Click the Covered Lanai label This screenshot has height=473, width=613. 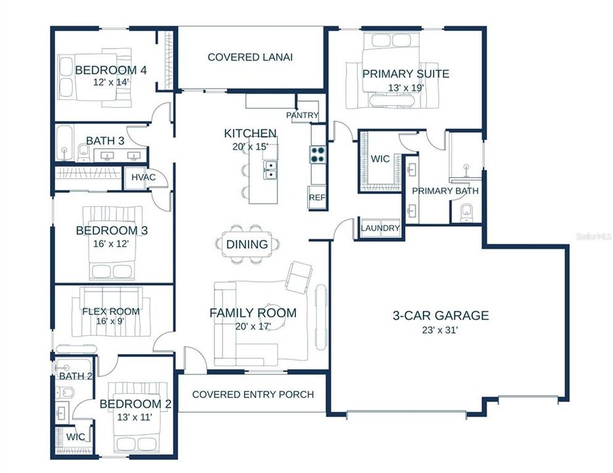coord(250,57)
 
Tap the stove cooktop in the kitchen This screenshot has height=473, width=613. coord(318,154)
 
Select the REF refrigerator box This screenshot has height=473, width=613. coord(317,198)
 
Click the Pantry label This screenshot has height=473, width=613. coord(302,115)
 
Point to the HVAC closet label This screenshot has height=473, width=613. coord(143,177)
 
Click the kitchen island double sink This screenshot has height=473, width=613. coord(270,170)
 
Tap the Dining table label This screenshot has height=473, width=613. coord(247,244)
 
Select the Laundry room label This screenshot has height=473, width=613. coord(380,228)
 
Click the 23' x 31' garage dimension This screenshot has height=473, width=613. coord(440,330)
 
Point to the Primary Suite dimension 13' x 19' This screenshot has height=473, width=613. coord(406,88)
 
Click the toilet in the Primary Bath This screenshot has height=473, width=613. coord(466,212)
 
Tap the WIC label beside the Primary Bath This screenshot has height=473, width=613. coord(380,159)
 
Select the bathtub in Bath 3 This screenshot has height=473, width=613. coord(64,143)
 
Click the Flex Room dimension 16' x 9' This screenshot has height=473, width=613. coord(111,321)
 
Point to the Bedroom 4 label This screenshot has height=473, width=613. coord(111,70)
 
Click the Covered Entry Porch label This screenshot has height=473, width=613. coord(253,394)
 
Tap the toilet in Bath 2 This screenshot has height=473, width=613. coord(65,392)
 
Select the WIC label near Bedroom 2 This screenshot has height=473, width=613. coord(76,437)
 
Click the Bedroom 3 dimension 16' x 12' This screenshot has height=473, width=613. coord(111,244)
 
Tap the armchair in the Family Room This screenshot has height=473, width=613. coord(299,279)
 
